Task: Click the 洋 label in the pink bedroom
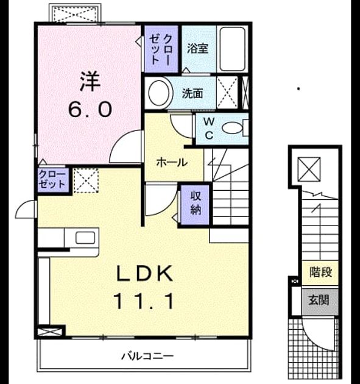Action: tap(90, 81)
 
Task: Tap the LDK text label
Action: tap(144, 274)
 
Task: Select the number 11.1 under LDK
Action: tap(144, 302)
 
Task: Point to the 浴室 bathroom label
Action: tap(198, 49)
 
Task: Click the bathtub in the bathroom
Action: tap(232, 49)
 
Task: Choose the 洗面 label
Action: tap(192, 93)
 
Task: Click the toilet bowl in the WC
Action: tap(232, 128)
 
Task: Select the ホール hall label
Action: tap(172, 162)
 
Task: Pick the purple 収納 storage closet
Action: tap(195, 204)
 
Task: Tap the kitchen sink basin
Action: tap(85, 238)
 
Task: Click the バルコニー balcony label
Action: tap(147, 356)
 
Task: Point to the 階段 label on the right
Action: tap(320, 272)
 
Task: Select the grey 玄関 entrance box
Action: tap(320, 302)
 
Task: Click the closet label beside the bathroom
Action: tap(161, 49)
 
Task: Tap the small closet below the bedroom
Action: tap(52, 180)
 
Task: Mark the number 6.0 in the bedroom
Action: tap(90, 109)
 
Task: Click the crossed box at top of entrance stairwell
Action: tap(309, 169)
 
